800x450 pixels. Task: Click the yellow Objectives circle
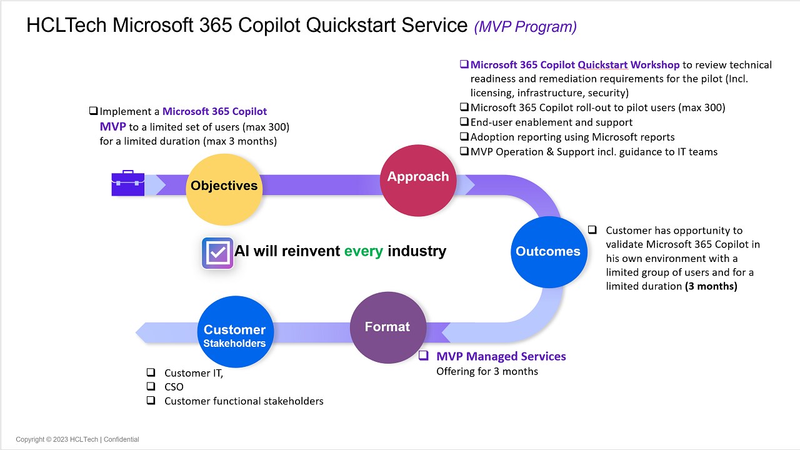pyautogui.click(x=224, y=189)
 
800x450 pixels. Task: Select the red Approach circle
pyautogui.click(x=417, y=179)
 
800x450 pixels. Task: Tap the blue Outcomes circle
pyautogui.click(x=547, y=252)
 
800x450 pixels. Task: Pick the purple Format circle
pyautogui.click(x=387, y=327)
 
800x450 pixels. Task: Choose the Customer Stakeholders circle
pyautogui.click(x=234, y=332)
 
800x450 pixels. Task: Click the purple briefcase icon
pyautogui.click(x=128, y=183)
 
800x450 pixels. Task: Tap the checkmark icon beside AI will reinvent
pyautogui.click(x=217, y=252)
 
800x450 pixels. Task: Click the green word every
pyautogui.click(x=363, y=251)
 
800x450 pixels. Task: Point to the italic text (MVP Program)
pyautogui.click(x=525, y=26)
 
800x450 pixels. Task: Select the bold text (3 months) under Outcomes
pyautogui.click(x=711, y=286)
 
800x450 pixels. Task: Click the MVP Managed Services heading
pyautogui.click(x=501, y=356)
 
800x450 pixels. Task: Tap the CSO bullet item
pyautogui.click(x=174, y=387)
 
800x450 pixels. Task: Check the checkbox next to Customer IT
pyautogui.click(x=151, y=372)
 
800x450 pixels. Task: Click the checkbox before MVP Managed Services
pyautogui.click(x=424, y=356)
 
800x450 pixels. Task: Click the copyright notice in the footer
pyautogui.click(x=77, y=439)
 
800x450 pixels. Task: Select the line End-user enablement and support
pyautogui.click(x=551, y=122)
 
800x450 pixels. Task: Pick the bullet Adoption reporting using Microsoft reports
pyautogui.click(x=572, y=136)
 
